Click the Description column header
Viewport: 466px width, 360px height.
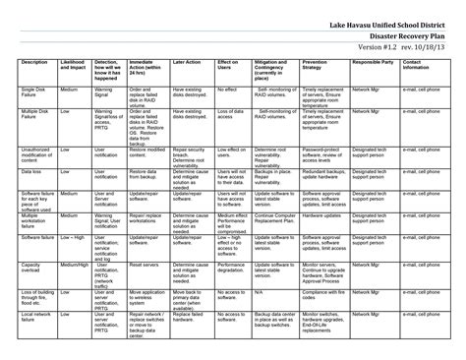[33, 61]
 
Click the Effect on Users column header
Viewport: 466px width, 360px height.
[228, 65]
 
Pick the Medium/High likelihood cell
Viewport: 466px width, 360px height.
[73, 266]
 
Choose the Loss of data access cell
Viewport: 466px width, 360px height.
[230, 118]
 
